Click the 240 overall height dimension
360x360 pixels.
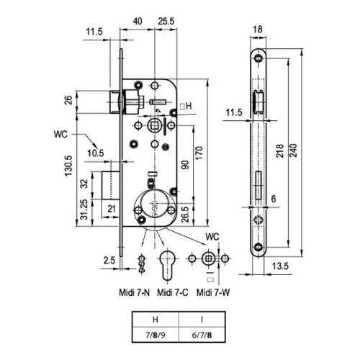click(x=294, y=150)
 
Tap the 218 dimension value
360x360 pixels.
click(x=280, y=151)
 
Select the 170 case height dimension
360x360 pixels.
click(x=199, y=153)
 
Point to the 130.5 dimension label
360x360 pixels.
click(x=68, y=166)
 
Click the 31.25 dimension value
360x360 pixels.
click(x=84, y=210)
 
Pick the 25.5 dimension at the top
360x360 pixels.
click(x=166, y=22)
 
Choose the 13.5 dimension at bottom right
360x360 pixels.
click(x=280, y=266)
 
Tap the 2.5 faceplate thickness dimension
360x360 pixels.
click(x=109, y=260)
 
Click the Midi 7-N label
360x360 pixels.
click(x=135, y=292)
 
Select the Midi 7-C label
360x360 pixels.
click(x=173, y=292)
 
